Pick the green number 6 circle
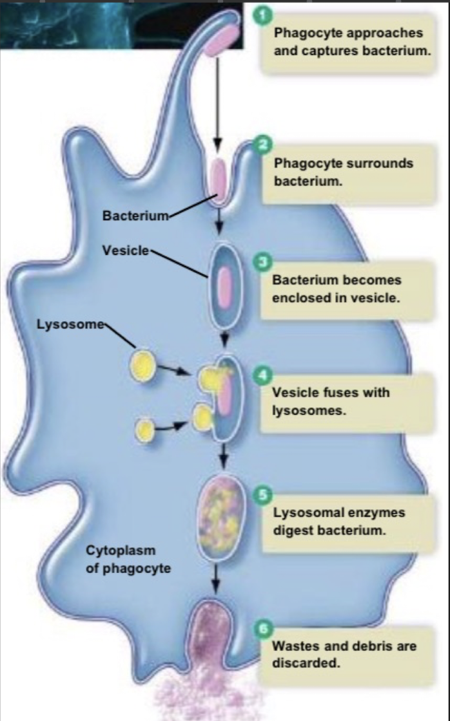[261, 629]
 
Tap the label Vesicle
[125, 250]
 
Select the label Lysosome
[70, 324]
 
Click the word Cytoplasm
[121, 551]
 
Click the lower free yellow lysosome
[146, 429]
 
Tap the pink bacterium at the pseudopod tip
[220, 39]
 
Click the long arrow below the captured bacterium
[217, 103]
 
